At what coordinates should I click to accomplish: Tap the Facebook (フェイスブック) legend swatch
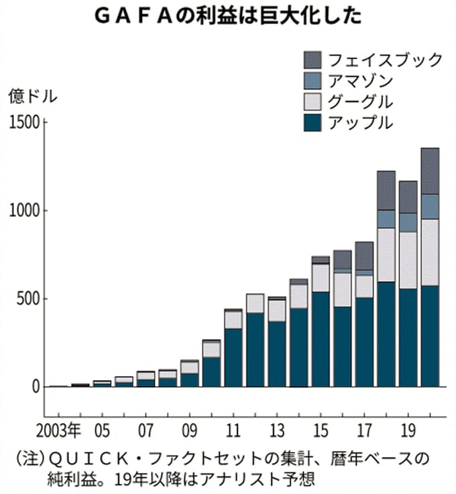coord(312,59)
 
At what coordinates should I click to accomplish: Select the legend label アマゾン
coord(355,81)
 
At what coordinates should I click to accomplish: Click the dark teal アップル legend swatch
coord(312,123)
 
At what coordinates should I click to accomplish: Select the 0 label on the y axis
coord(36,387)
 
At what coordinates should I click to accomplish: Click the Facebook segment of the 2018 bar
coord(386,190)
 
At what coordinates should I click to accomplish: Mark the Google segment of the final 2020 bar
coord(430,252)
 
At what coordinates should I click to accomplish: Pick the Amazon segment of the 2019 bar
coord(408,222)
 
